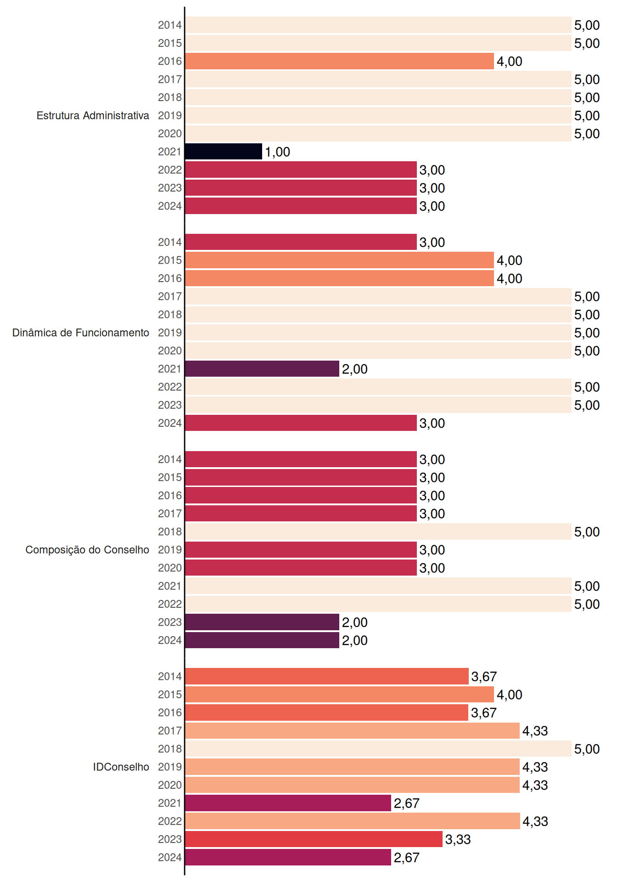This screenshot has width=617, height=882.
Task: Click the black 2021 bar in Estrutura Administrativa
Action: coord(224,152)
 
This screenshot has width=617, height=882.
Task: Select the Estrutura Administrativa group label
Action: coord(93,115)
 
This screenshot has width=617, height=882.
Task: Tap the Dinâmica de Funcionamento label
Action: coord(81,333)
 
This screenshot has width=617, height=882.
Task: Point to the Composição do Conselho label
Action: coord(87,550)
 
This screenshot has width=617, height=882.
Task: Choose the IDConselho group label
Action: coord(121,767)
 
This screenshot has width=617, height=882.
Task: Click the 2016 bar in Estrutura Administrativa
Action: coord(339,61)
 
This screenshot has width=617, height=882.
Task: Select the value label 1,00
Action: coord(277,152)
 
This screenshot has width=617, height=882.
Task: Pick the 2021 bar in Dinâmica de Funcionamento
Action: coord(262,369)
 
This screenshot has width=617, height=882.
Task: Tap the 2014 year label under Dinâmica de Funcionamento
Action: coord(170,242)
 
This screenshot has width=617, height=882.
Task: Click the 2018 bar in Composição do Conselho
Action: coord(378,531)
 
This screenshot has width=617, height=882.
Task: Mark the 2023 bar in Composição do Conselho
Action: coord(262,622)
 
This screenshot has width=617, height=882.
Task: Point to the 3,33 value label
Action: coord(458,840)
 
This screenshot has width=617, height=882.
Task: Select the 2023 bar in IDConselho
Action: coord(314,839)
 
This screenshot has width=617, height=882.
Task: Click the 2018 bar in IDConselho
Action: coord(378,749)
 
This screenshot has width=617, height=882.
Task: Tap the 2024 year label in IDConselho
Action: coord(170,857)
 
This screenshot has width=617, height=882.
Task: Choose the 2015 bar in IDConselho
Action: coord(339,695)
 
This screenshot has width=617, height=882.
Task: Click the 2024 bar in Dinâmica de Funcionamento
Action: coord(301,423)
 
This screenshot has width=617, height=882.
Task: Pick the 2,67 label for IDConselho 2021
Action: coord(407,803)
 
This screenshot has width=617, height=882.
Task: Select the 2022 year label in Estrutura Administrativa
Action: coord(170,170)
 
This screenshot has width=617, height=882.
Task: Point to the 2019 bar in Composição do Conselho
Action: coord(301,550)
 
